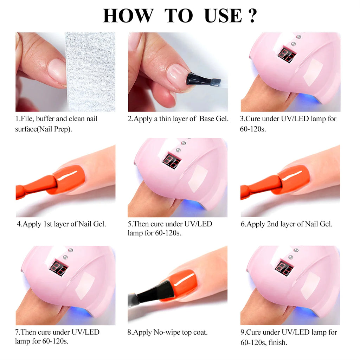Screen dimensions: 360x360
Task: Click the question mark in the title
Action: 252,15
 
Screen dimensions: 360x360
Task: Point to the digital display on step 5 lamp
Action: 171,161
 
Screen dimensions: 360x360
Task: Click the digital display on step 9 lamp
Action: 284,268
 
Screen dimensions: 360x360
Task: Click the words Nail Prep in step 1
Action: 57,129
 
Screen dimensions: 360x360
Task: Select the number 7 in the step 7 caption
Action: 18,332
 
